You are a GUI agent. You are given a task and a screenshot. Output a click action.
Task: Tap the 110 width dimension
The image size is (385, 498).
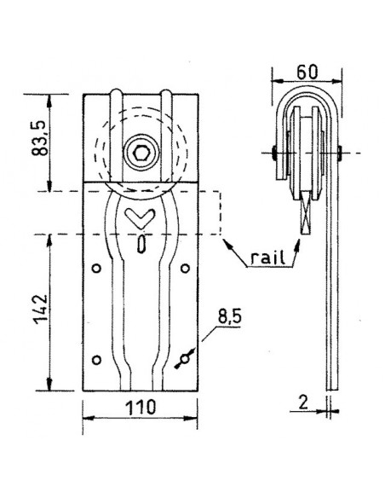141,408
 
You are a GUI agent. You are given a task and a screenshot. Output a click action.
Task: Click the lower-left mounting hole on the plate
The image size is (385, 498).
97,357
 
